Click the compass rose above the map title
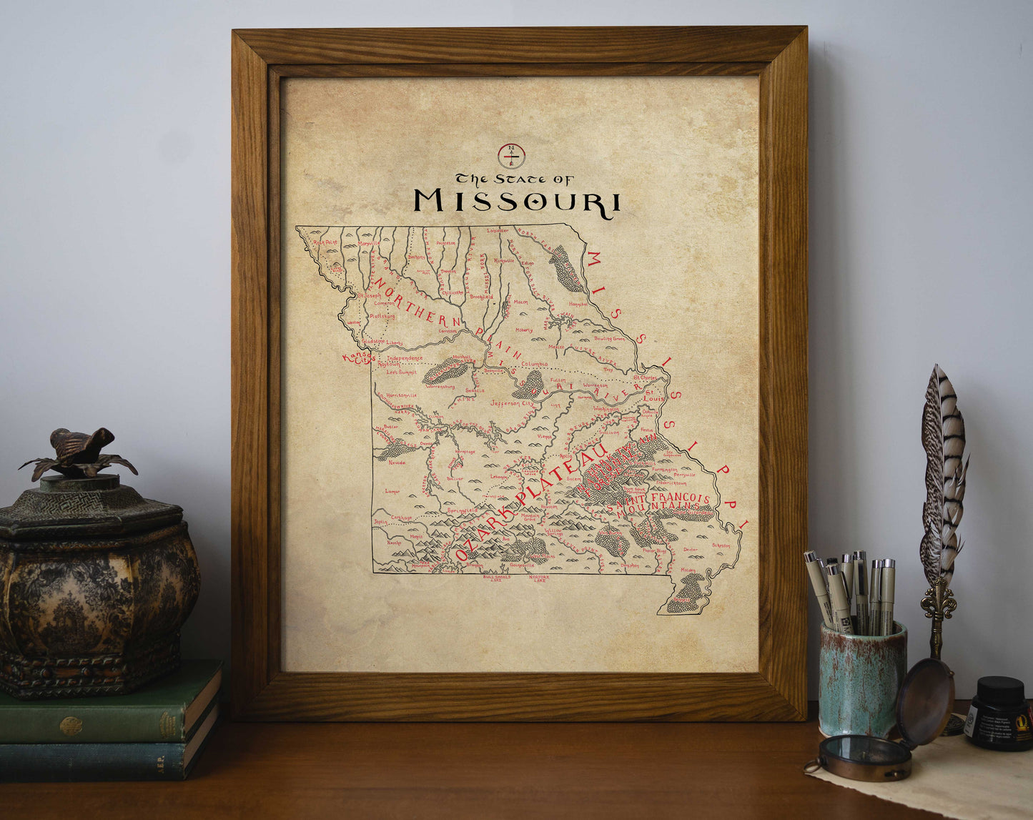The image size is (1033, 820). point(512,154)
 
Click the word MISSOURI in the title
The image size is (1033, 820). point(517,202)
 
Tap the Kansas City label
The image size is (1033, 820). point(358,357)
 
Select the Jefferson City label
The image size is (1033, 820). point(512,404)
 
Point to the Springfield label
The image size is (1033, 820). point(462,510)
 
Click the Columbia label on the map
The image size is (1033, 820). point(533,364)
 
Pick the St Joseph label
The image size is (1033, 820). point(371,295)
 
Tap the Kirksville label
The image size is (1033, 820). point(503,261)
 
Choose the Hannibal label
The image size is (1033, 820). point(578,303)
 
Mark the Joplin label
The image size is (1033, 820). point(380,522)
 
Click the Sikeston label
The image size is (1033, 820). point(721,545)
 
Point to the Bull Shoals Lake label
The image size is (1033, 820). point(496,578)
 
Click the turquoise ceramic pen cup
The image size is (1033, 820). point(862,679)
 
